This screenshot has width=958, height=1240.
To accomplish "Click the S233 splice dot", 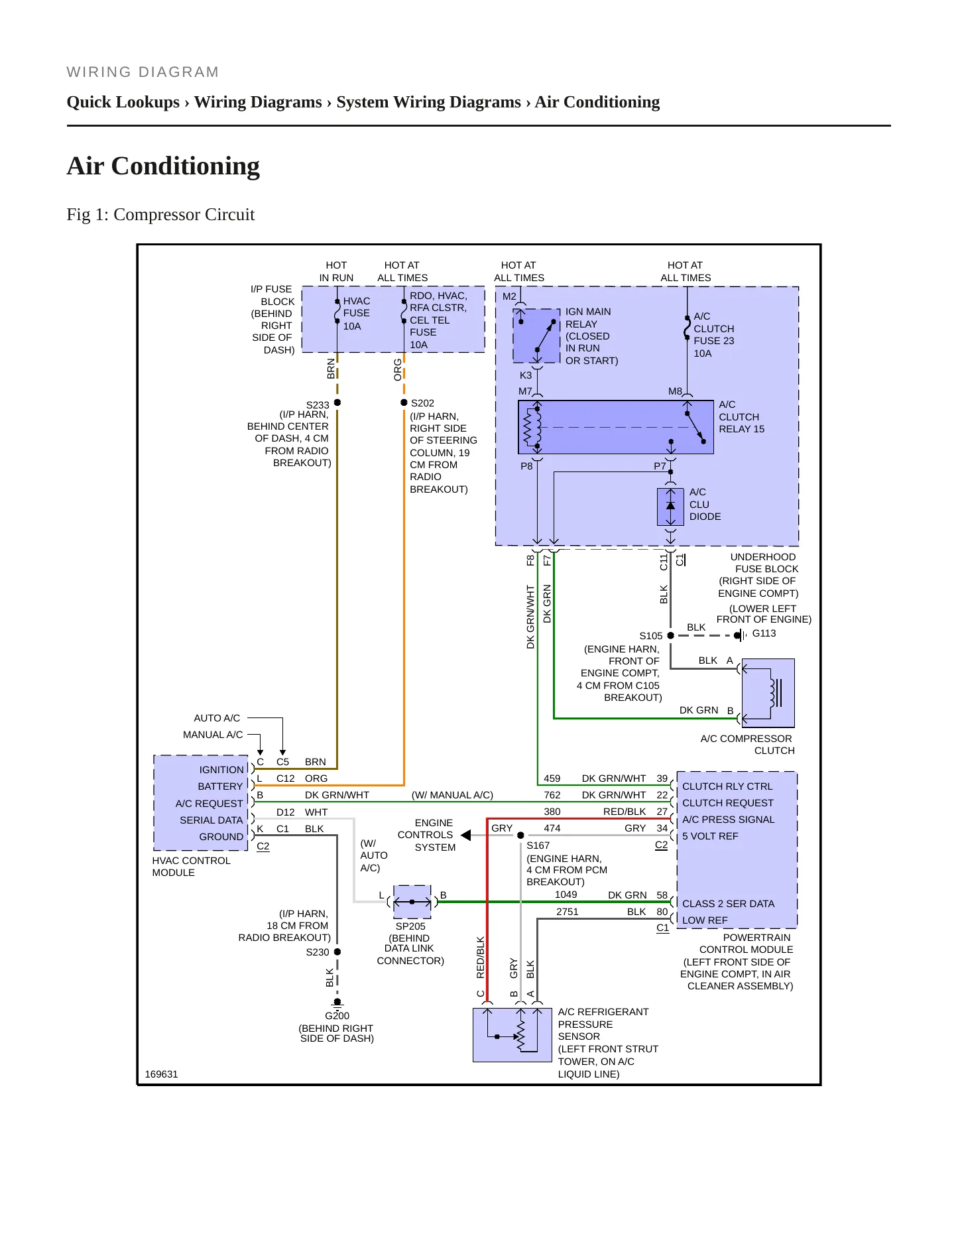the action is (x=337, y=403).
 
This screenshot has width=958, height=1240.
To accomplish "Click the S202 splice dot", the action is (x=404, y=403).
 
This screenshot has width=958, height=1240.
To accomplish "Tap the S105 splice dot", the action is (x=671, y=635).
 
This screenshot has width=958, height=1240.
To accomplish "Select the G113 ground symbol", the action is (x=740, y=635).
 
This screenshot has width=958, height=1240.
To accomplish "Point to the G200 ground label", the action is (x=337, y=1016).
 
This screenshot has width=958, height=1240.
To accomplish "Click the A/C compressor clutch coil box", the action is (x=768, y=693).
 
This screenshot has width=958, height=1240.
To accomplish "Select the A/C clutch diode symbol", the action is (x=671, y=507).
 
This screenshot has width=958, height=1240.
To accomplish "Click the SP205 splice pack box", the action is (x=412, y=902).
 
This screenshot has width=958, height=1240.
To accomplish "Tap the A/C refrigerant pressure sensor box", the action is (x=512, y=1034).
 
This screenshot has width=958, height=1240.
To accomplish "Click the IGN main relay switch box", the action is (x=537, y=336).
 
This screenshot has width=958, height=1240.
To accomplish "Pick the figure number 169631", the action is (x=161, y=1074).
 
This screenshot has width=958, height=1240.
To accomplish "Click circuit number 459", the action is (x=552, y=778).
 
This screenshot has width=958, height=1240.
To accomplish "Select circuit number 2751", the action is (x=568, y=912).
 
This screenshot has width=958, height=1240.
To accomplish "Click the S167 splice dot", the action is (x=520, y=836).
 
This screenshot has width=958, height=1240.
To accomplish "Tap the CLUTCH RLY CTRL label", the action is (x=727, y=786).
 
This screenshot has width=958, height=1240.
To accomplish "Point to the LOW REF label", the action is (x=705, y=920).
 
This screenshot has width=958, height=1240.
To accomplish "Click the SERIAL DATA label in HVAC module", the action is (x=211, y=820).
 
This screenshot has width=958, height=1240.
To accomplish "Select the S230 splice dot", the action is (x=337, y=952).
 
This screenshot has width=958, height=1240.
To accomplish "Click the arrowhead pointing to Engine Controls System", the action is (x=465, y=835).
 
